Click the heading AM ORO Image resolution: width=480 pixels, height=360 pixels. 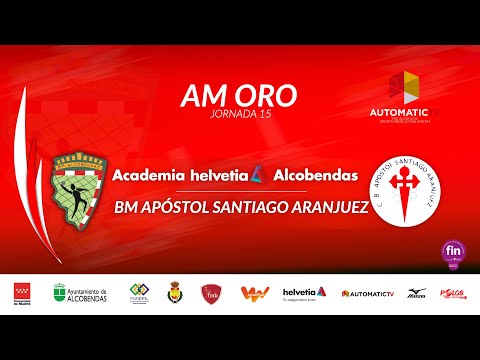point(239,96)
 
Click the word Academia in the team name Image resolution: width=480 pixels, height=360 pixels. point(149,175)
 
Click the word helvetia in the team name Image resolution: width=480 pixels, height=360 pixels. point(226,175)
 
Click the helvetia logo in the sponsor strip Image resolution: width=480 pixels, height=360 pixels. point(304,292)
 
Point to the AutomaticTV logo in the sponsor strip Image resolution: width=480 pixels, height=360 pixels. point(368,293)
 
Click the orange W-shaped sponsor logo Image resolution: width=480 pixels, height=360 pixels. point(254,293)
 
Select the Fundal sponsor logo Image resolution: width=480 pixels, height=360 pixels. point(139,293)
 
